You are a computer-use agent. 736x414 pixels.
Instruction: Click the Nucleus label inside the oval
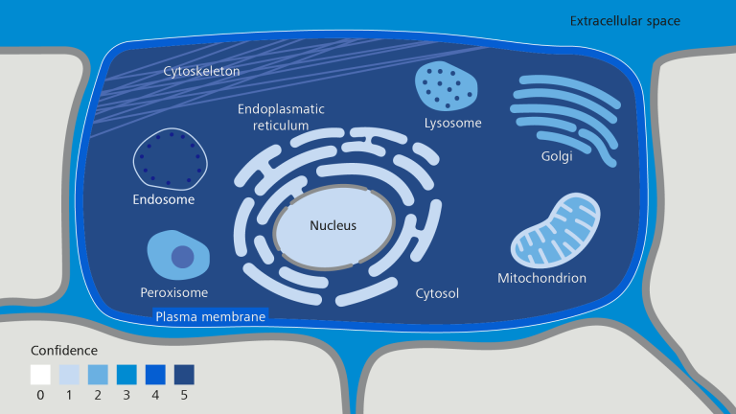pos(333,226)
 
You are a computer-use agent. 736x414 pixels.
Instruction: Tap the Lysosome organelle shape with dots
pos(446,87)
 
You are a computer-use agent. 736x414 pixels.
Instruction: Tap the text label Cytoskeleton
pos(201,71)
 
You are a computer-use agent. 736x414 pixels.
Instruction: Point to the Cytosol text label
pos(437,293)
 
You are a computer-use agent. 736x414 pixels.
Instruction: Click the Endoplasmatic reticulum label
pos(281,117)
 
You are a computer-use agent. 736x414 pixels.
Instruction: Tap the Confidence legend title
pos(63,350)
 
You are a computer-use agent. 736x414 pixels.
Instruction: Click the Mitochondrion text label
pos(541,279)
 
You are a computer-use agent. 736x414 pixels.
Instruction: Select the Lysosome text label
pos(452,123)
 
